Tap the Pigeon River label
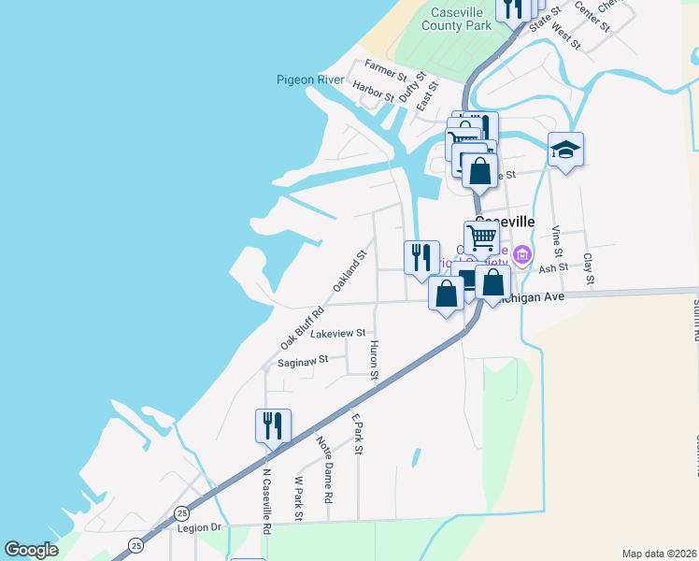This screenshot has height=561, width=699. point(310,80)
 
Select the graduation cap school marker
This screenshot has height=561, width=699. point(565,150)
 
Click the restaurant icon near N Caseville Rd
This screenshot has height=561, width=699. point(273,425)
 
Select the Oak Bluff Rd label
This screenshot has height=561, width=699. point(302,328)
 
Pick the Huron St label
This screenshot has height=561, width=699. point(374,360)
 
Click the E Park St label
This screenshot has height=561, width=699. point(356,434)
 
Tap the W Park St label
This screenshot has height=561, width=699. point(300,493)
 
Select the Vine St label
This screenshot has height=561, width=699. point(556,241)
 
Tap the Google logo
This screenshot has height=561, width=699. point(32,550)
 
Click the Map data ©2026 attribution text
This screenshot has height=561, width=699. point(660,553)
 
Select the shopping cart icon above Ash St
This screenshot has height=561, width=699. point(481,237)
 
